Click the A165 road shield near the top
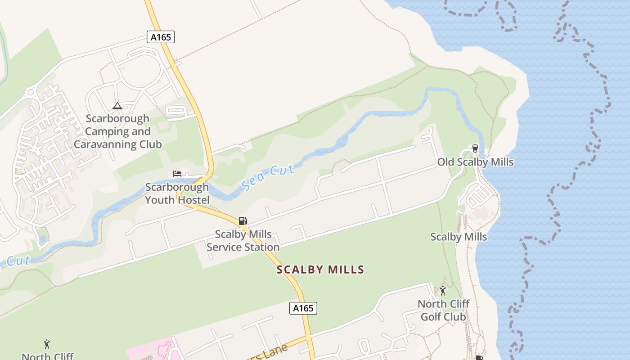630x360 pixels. pyautogui.click(x=161, y=37)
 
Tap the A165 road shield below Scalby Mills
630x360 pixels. pyautogui.click(x=303, y=308)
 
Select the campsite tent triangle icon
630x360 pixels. pyautogui.click(x=117, y=106)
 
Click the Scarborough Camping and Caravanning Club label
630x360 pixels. pyautogui.click(x=118, y=131)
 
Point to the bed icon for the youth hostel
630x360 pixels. pyautogui.click(x=177, y=174)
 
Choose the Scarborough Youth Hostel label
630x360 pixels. pyautogui.click(x=177, y=193)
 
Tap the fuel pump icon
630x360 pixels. pyautogui.click(x=243, y=220)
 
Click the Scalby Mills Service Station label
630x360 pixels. pyautogui.click(x=243, y=241)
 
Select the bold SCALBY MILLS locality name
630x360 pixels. pyautogui.click(x=320, y=270)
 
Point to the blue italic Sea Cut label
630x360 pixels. pyautogui.click(x=268, y=178)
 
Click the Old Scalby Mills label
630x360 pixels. pyautogui.click(x=475, y=162)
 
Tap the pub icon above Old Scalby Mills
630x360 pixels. pyautogui.click(x=475, y=148)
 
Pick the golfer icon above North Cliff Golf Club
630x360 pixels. pyautogui.click(x=443, y=291)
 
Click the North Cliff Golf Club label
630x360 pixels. pyautogui.click(x=443, y=310)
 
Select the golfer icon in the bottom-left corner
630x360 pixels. pyautogui.click(x=47, y=345)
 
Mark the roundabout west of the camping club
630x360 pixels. pyautogui.click(x=31, y=93)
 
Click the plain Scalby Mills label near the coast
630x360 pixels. pyautogui.click(x=459, y=237)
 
